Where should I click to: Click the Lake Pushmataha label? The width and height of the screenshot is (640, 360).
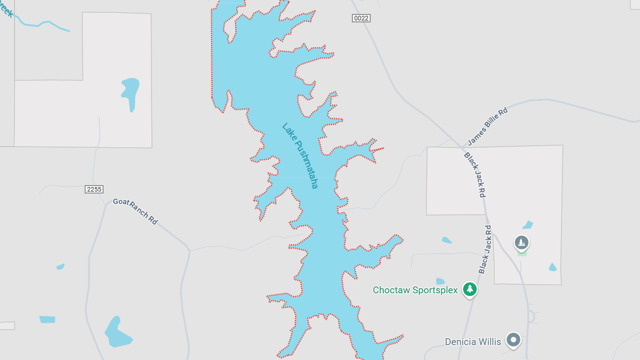tap(300, 156)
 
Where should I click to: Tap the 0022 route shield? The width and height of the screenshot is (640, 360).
tap(361, 19)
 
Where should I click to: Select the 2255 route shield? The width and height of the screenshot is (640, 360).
tap(94, 189)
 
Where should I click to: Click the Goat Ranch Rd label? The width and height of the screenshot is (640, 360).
tap(135, 211)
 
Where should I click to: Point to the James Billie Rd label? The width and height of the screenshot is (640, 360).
tap(487, 126)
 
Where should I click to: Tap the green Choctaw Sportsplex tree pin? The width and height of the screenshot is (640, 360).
tap(470, 289)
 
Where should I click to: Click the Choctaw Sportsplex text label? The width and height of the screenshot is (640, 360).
tap(415, 290)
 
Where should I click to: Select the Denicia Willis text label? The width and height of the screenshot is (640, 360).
tap(473, 341)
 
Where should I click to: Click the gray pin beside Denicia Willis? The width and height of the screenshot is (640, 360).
tap(513, 340)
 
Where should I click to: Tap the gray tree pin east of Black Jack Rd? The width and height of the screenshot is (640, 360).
tap(522, 243)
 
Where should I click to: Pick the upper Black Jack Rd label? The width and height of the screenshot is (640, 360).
tap(474, 175)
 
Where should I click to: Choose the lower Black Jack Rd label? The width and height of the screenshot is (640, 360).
tap(485, 249)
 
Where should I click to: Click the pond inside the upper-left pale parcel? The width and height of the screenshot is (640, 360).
tap(130, 92)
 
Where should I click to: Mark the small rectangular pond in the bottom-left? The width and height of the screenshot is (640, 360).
tap(47, 320)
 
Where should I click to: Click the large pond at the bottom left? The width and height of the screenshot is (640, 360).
tap(117, 333)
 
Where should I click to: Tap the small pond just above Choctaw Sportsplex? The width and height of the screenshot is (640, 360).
tap(440, 281)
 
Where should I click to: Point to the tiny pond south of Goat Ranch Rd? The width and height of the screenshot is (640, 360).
tap(60, 267)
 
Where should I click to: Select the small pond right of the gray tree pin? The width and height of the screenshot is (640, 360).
tap(552, 267)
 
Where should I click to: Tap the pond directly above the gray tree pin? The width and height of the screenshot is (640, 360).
tap(528, 225)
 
